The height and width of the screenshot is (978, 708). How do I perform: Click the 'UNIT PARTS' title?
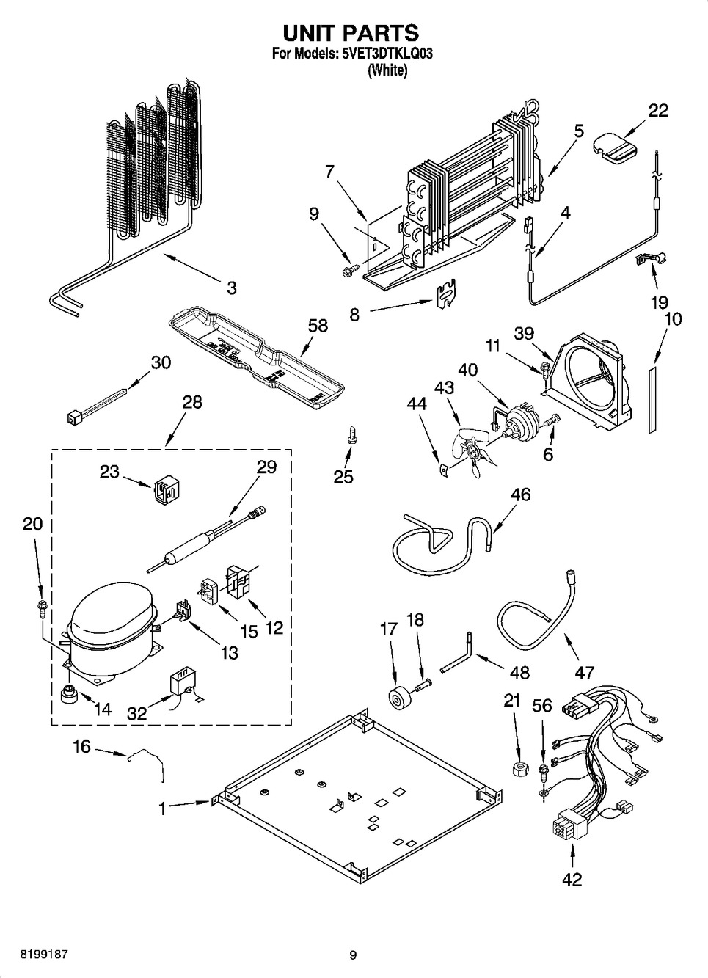click(x=351, y=33)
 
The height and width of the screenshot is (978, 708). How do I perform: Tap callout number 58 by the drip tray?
click(x=317, y=326)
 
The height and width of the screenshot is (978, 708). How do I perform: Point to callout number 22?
click(x=657, y=110)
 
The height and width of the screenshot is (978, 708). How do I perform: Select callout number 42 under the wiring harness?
click(x=572, y=878)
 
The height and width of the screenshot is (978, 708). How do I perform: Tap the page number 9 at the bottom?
click(x=353, y=955)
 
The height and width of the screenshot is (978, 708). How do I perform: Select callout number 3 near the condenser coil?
click(x=231, y=288)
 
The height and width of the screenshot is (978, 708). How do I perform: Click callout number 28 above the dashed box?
click(x=191, y=402)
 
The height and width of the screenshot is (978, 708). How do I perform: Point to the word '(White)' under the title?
click(x=387, y=70)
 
